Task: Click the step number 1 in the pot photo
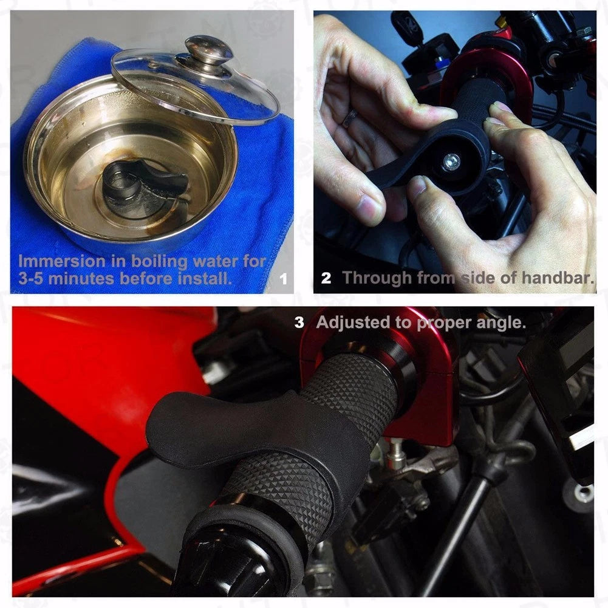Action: [x=284, y=279]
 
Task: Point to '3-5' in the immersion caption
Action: [x=31, y=279]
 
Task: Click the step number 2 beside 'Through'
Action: [x=326, y=278]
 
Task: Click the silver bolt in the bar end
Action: [x=451, y=162]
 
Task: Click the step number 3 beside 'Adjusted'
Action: [x=299, y=323]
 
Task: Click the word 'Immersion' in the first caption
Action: [x=62, y=261]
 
